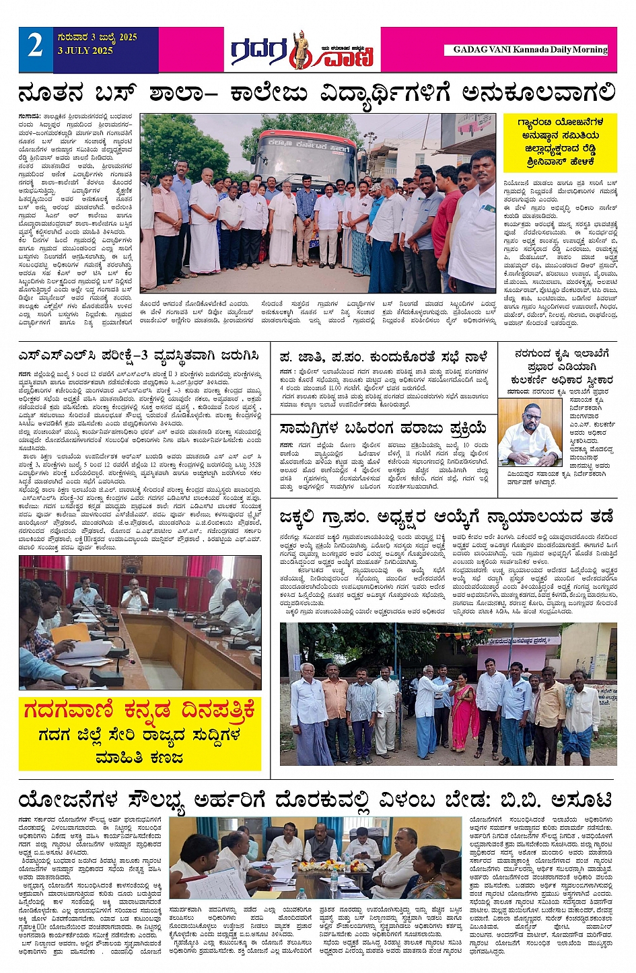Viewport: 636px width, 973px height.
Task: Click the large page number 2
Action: [36, 46]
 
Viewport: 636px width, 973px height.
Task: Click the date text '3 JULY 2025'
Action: [85, 50]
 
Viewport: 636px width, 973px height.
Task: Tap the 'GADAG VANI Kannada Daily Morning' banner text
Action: [530, 50]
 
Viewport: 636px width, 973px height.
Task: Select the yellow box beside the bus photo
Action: [560, 142]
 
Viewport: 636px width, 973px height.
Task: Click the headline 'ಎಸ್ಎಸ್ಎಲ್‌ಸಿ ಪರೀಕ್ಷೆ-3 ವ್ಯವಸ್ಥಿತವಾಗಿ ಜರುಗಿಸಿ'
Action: [139, 355]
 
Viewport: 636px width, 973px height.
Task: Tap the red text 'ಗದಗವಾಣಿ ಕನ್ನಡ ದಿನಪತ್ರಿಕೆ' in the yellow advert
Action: [139, 710]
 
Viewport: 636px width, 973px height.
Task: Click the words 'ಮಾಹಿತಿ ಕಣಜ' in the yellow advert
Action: [139, 757]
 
